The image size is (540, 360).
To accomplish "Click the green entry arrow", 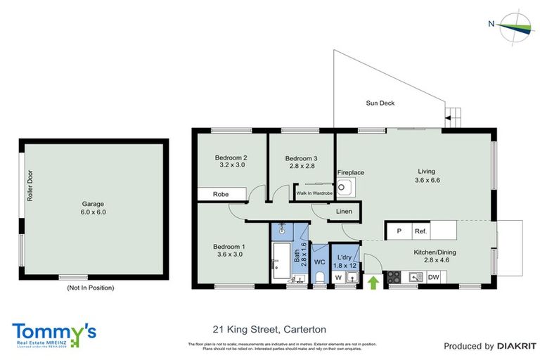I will click(373, 281).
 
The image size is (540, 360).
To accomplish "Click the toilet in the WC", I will click(320, 278).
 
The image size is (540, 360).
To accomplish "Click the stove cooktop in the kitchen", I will click(394, 277).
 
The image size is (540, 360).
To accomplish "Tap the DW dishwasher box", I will click(433, 277).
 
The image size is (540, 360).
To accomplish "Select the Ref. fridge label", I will click(421, 231).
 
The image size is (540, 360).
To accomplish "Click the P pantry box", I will click(399, 231).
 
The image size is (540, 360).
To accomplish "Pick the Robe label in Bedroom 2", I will click(221, 193).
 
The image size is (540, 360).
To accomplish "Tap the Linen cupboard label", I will click(344, 211).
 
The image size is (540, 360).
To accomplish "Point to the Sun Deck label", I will click(380, 103).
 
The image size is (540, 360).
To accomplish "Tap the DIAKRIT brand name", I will click(516, 346).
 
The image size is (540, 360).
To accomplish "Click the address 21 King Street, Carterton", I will click(269, 329).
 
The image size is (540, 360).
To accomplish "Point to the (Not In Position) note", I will click(90, 288).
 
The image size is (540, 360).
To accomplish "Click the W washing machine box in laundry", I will click(338, 278).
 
